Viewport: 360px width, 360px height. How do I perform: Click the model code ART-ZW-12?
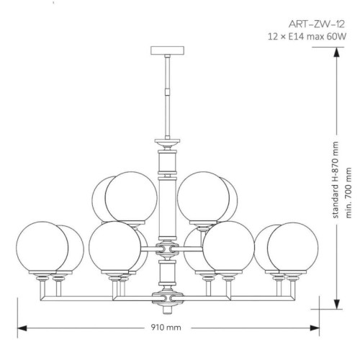point(317,24)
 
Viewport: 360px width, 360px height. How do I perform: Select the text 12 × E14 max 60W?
point(307,37)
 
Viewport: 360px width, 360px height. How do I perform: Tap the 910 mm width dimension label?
point(166,328)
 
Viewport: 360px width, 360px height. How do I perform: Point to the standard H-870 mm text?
point(336,180)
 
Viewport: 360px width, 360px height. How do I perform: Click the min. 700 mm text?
point(348,193)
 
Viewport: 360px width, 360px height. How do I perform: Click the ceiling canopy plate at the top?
point(167,50)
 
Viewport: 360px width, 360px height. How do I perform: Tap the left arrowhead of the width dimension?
point(22,328)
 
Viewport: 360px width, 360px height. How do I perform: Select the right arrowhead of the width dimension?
point(315,328)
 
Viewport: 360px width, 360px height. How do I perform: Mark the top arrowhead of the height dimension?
point(337,52)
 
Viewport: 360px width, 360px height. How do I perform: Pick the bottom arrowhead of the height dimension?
point(337,305)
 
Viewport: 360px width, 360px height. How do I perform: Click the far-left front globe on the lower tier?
point(42,247)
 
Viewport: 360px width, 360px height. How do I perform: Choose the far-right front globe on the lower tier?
point(293,248)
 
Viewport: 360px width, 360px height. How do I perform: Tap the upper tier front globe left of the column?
point(131,197)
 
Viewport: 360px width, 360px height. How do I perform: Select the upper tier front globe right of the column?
point(203,197)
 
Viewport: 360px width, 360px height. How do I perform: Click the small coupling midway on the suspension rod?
point(167,92)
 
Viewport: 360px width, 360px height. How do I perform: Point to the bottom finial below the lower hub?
point(167,310)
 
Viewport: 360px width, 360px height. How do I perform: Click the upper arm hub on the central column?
point(167,249)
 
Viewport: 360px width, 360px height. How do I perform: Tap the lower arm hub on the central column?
point(167,298)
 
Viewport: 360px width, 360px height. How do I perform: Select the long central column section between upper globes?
point(167,207)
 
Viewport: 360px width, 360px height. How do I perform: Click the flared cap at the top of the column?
point(167,143)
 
